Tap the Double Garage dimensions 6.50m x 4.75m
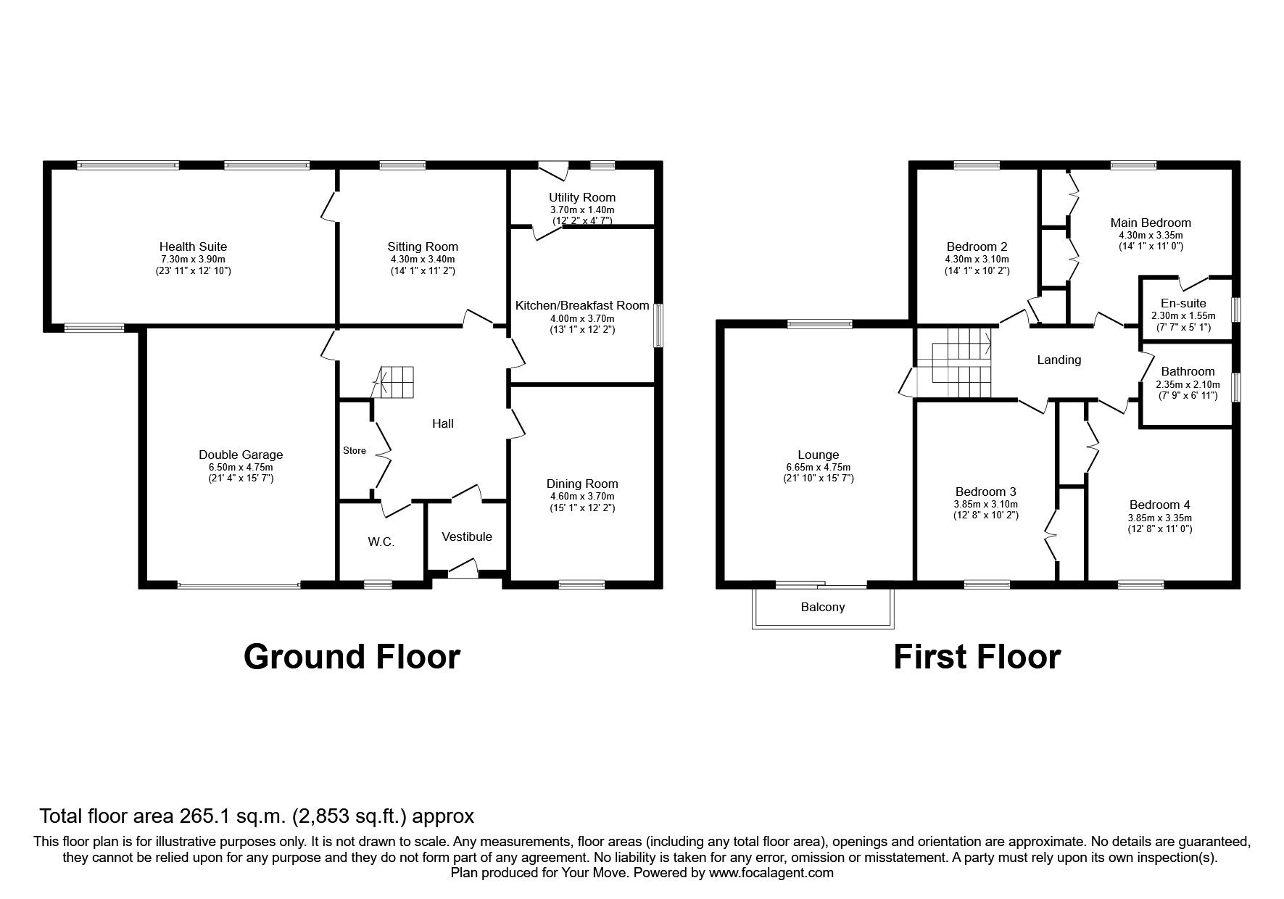point(241,467)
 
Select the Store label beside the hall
point(355,450)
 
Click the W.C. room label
point(381,542)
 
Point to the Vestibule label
point(467,536)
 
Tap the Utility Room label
point(582,197)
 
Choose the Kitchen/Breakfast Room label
point(582,305)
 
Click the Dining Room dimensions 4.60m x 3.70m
point(582,496)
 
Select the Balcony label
point(823,607)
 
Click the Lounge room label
point(818,455)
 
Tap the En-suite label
point(1183,303)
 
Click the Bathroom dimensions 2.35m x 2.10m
point(1188,384)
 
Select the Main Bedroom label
point(1151,223)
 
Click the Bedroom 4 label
point(1159,505)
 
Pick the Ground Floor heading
point(352,656)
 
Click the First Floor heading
point(977,656)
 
